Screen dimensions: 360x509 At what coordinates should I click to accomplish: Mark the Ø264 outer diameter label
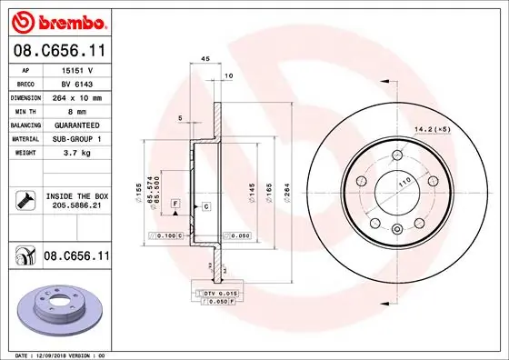284,193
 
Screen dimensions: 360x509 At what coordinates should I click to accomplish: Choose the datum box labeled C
206,207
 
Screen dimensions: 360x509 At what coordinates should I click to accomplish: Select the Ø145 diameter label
253,193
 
